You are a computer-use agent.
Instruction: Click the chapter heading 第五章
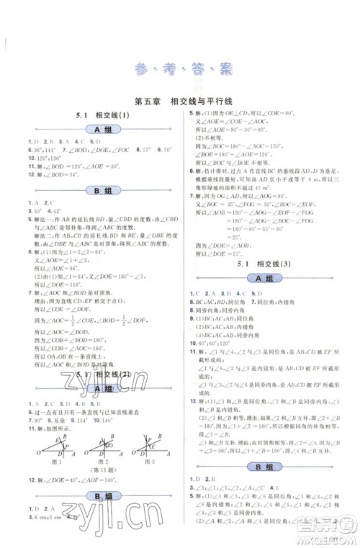click(x=127, y=102)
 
